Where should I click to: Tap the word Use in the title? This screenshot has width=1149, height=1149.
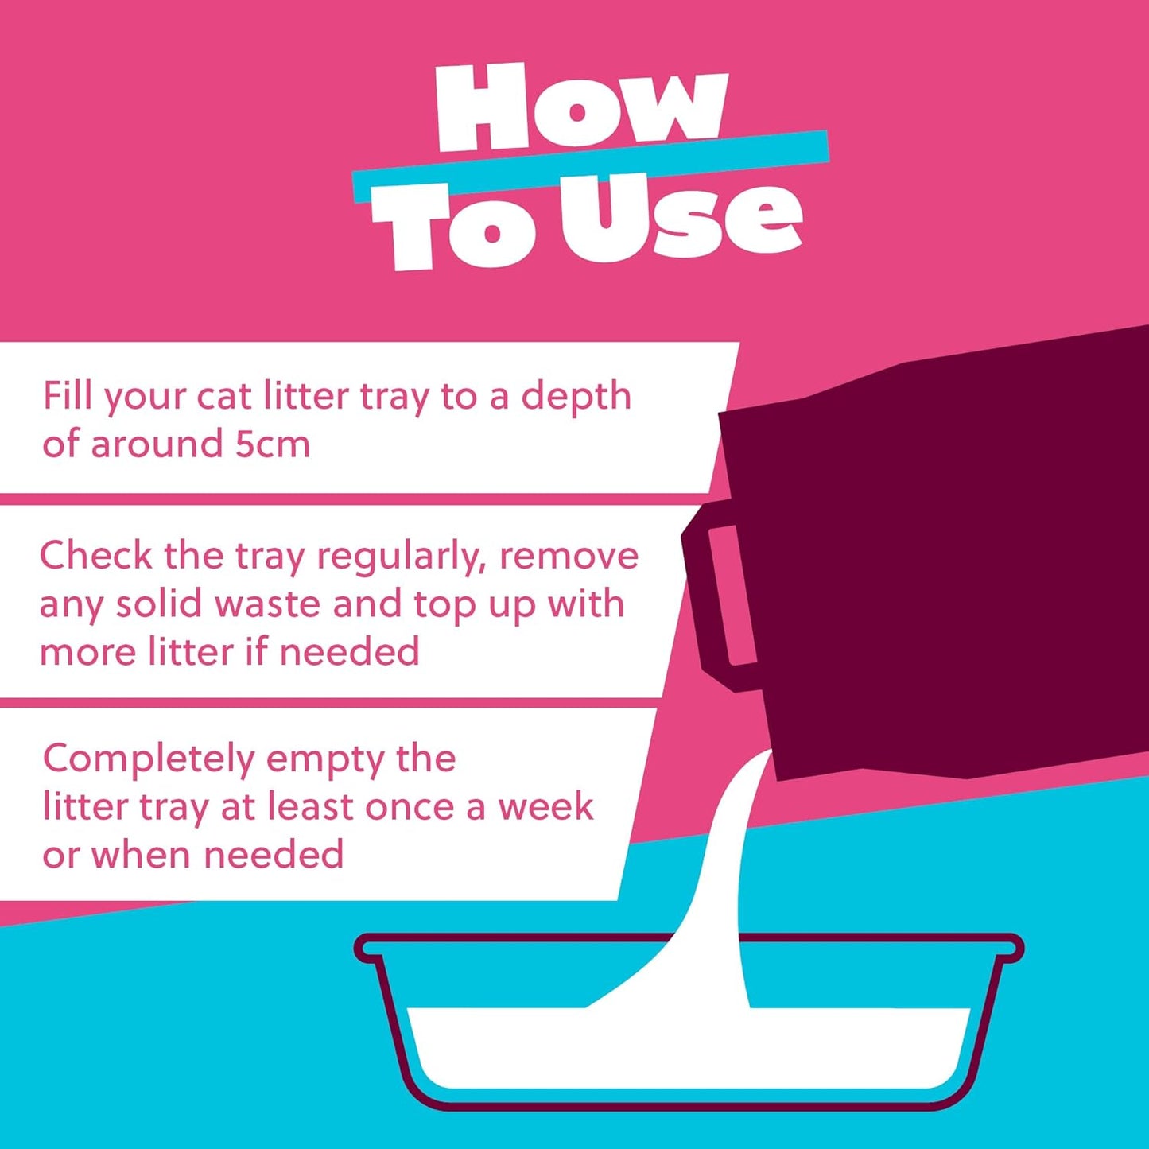tap(680, 219)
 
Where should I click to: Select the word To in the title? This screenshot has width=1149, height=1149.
tap(453, 227)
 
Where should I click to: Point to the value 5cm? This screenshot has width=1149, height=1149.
tap(272, 444)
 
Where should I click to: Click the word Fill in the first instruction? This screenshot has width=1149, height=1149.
tap(68, 395)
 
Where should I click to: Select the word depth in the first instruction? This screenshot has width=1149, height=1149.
tap(576, 397)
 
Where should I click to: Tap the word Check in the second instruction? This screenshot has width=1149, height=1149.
tap(95, 555)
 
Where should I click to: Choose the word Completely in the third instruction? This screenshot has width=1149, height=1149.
tap(148, 760)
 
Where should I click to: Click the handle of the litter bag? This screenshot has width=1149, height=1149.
tap(720, 596)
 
